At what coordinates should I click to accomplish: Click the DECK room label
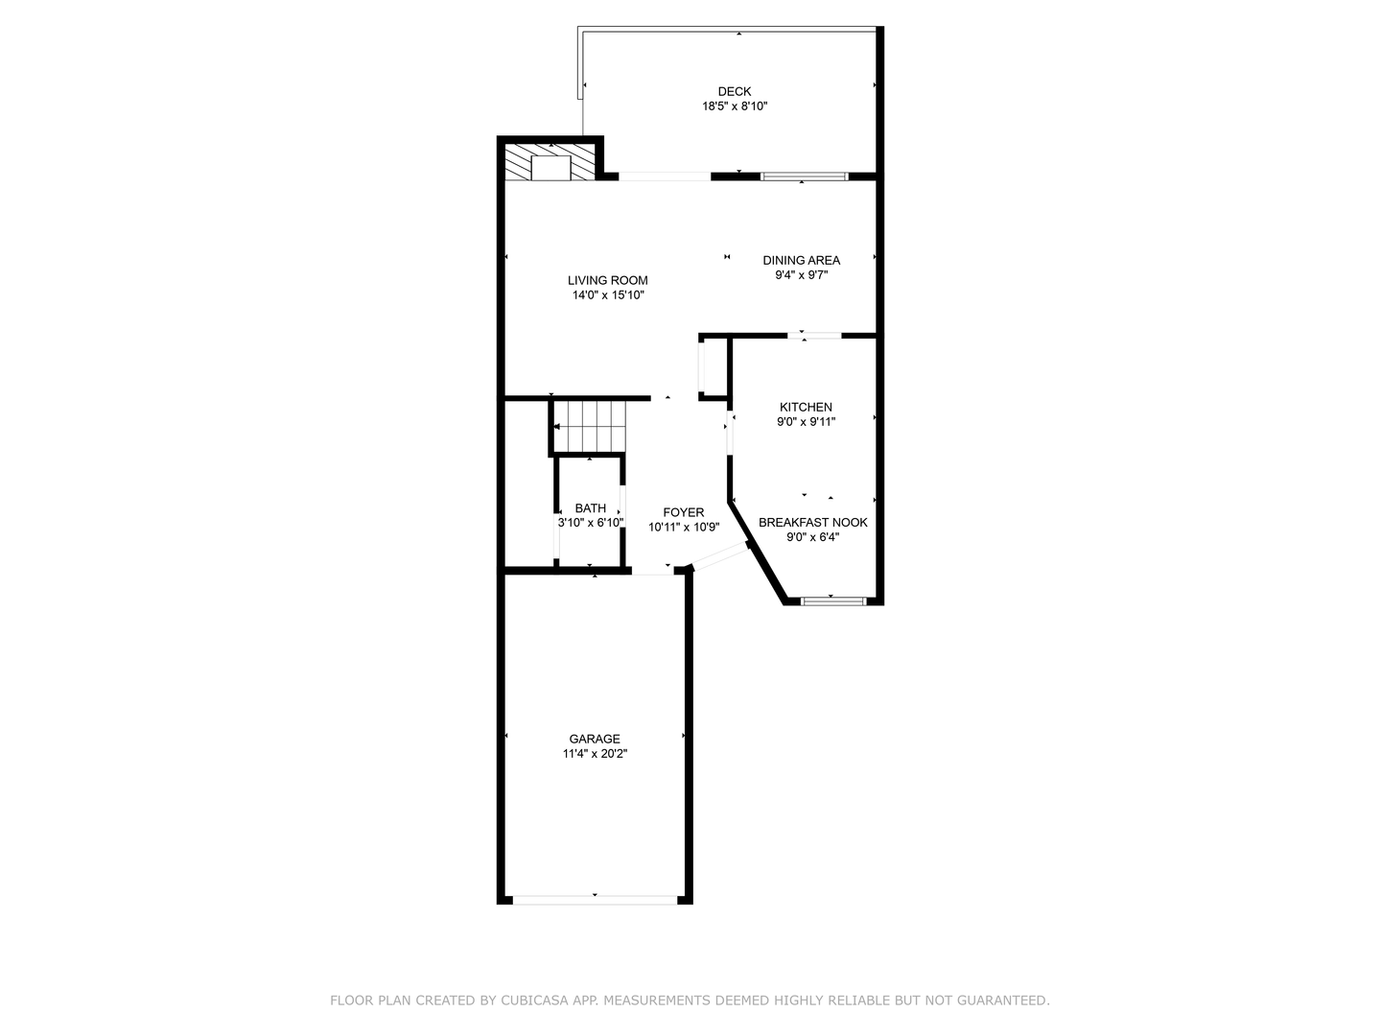tap(735, 92)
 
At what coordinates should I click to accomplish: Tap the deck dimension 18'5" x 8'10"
tap(735, 106)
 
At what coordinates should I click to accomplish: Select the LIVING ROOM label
tap(608, 281)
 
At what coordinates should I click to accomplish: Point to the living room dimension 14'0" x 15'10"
tap(608, 295)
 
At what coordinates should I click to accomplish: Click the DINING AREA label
tap(802, 260)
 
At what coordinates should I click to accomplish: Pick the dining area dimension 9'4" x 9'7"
tap(802, 275)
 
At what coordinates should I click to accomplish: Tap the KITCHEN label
tap(806, 407)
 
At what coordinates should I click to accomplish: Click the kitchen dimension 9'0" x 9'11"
tap(806, 421)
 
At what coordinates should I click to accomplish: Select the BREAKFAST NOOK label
tap(813, 523)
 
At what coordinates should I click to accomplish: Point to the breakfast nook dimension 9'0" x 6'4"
tap(813, 537)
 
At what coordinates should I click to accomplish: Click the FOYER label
tap(684, 512)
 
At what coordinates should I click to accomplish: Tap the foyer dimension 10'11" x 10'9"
tap(684, 527)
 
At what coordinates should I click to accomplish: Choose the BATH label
tap(591, 508)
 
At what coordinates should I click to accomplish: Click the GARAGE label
tap(595, 739)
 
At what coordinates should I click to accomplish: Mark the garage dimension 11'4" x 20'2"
tap(595, 754)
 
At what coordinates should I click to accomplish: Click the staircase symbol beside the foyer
tap(589, 426)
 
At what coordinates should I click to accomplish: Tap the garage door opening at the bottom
tap(595, 900)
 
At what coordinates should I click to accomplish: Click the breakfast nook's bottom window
tap(832, 601)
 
